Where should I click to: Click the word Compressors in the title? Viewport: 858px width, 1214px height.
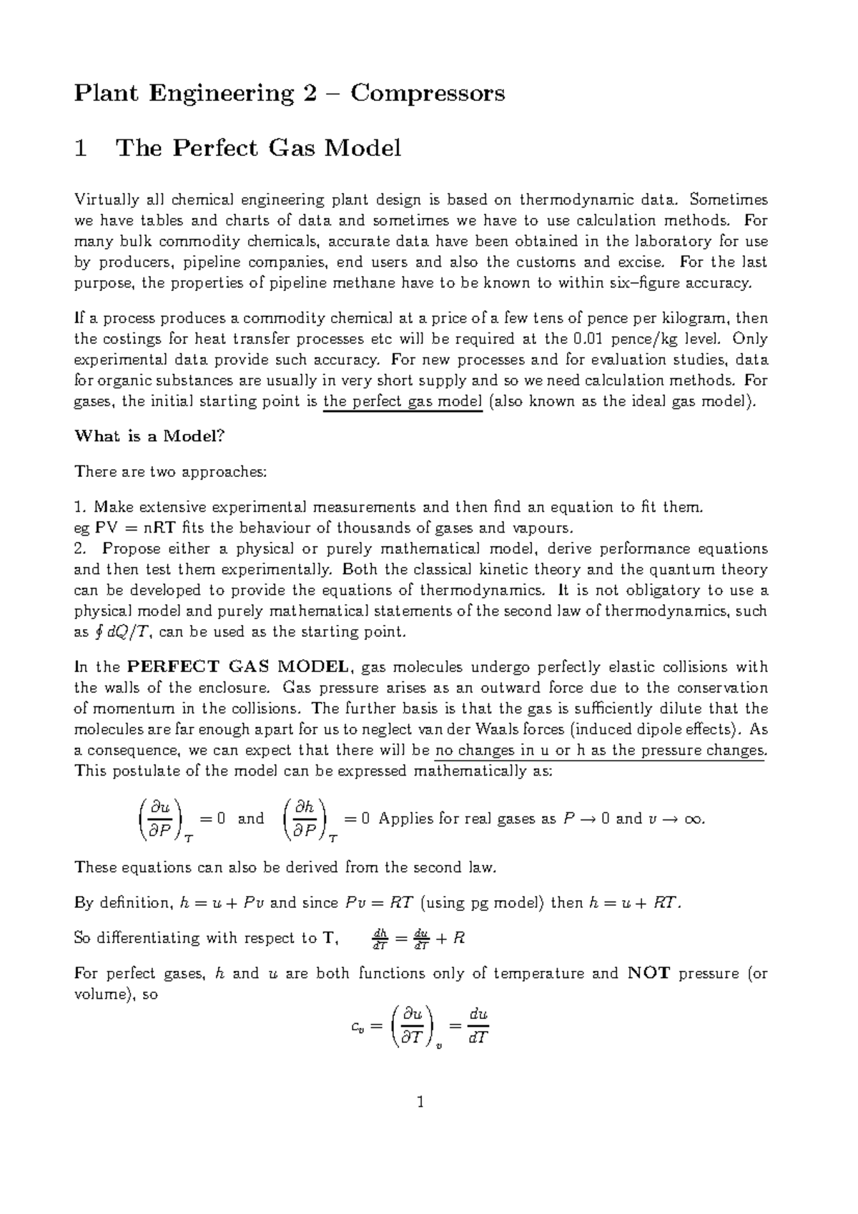click(427, 94)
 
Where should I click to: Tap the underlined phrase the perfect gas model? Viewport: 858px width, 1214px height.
click(403, 401)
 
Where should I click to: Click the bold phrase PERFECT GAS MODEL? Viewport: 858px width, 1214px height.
click(238, 667)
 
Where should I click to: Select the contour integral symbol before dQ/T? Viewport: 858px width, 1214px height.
click(99, 632)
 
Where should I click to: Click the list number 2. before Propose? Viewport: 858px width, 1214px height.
click(81, 549)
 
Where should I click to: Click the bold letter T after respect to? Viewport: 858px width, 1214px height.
click(328, 938)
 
